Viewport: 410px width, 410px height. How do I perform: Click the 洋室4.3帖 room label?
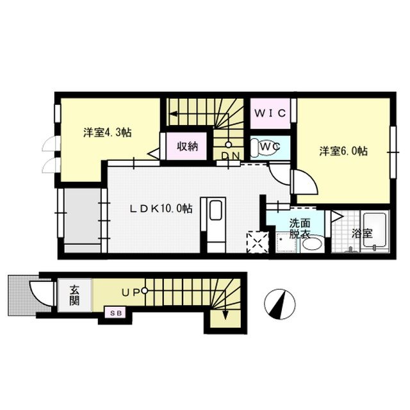(108, 133)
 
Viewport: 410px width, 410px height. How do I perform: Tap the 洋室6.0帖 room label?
(344, 152)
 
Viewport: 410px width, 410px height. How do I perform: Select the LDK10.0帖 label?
(161, 208)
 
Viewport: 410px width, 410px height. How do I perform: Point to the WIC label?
(272, 113)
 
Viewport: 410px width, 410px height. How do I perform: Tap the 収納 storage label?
(187, 146)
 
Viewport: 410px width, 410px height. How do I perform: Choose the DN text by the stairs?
(230, 156)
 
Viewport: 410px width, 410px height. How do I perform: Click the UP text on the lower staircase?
(131, 292)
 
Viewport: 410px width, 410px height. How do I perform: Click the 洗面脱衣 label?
(299, 229)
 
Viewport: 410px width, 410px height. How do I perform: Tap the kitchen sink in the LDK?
(215, 211)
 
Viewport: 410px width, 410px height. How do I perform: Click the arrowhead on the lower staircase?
(225, 315)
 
